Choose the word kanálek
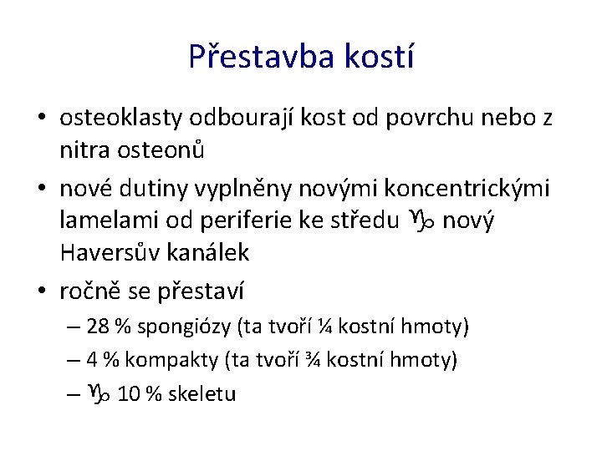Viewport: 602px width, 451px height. point(209,251)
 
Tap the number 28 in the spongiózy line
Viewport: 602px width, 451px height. point(98,326)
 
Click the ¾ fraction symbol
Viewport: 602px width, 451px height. point(314,359)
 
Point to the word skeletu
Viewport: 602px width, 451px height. point(202,394)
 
